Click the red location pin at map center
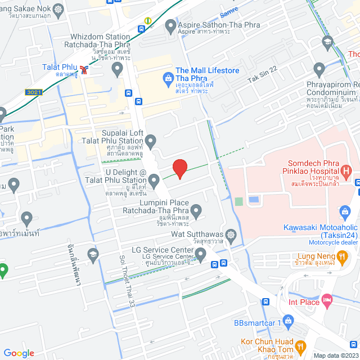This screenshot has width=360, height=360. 179,168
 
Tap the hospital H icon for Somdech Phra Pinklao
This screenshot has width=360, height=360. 346,170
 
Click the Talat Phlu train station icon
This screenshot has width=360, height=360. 84,70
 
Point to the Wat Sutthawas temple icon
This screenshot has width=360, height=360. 231,234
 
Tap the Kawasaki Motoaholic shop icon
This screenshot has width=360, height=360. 346,212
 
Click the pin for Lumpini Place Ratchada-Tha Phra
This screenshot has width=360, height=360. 196,212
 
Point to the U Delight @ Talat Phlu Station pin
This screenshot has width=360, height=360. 154,180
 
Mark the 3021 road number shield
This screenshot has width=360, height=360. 33,92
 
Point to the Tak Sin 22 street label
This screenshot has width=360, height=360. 263,76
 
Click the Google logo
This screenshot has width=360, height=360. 19,353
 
